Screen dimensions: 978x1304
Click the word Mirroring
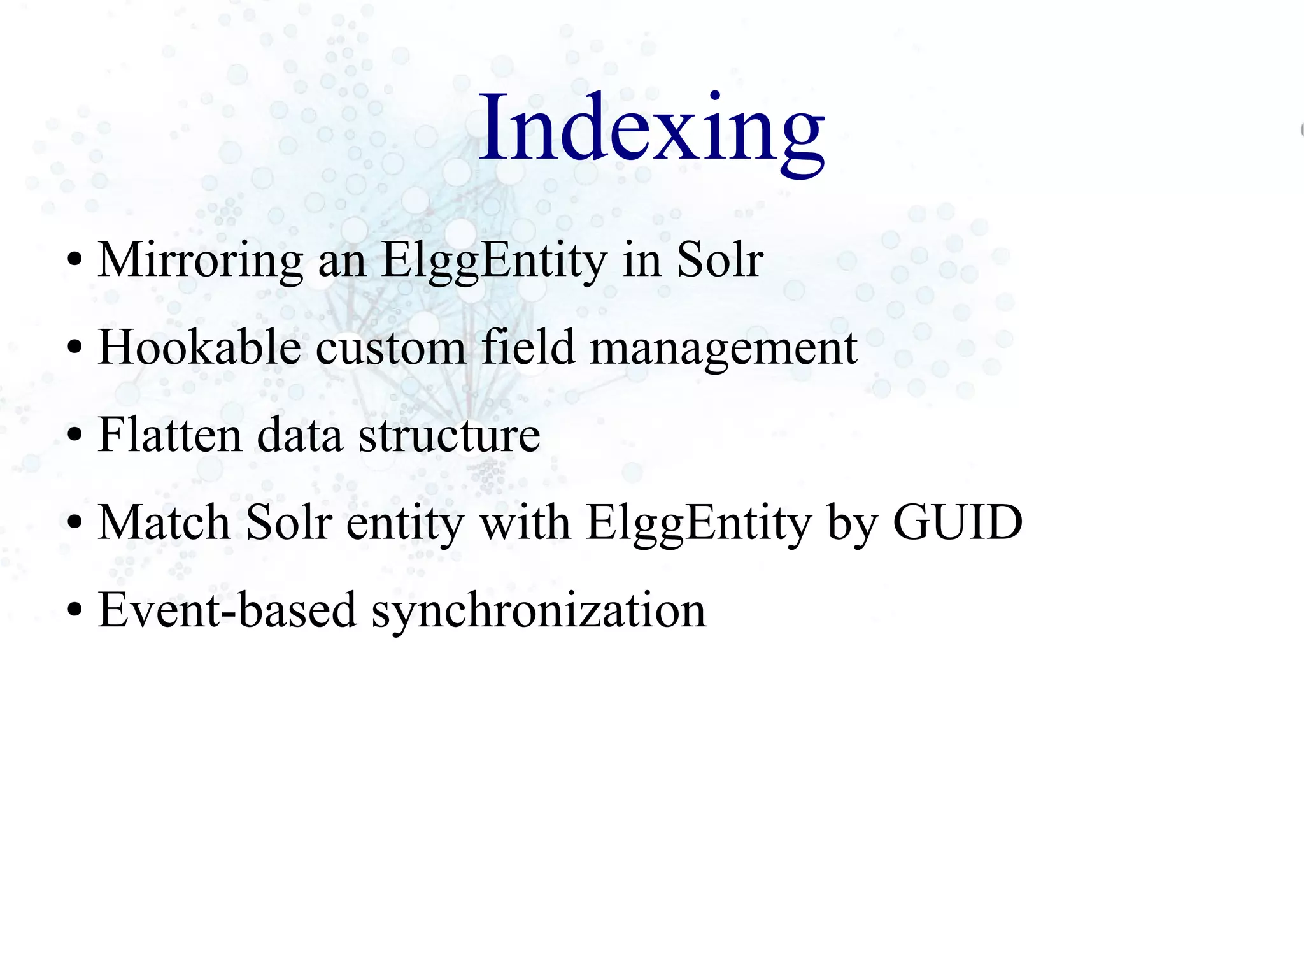200,260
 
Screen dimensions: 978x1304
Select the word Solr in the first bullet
719,260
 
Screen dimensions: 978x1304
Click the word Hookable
199,347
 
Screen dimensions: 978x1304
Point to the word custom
390,347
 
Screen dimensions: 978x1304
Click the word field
528,347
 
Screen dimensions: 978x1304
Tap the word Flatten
169,435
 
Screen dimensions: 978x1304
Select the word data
299,435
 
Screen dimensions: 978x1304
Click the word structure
450,435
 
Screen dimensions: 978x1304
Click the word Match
164,522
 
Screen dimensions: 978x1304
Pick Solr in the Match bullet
289,522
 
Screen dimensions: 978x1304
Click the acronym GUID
958,522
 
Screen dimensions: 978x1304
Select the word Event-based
227,610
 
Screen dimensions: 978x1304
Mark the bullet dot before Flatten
74,435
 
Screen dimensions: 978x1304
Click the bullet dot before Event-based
74,610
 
